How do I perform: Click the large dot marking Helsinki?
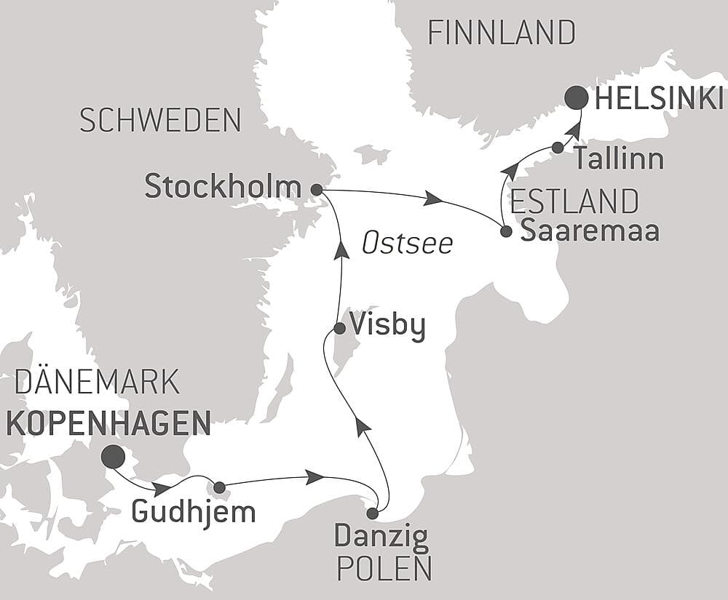point(577,97)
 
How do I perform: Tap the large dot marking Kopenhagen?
point(112,457)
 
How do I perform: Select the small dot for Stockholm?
point(316,189)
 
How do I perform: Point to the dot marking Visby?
point(339,329)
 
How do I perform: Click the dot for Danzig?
point(372,513)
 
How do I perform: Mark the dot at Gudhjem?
point(219,487)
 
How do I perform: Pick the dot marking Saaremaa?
point(506,232)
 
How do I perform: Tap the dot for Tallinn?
point(558,148)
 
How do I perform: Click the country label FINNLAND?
point(502,33)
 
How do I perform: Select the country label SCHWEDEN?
point(160,121)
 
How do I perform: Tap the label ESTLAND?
point(575,200)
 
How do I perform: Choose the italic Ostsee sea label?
point(407,244)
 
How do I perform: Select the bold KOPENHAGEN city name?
point(108,423)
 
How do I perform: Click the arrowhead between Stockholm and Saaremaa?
point(435,198)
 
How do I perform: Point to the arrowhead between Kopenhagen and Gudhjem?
point(162,488)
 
